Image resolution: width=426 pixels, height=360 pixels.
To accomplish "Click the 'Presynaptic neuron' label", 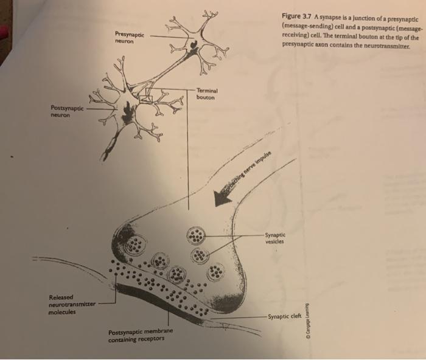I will (x=128, y=38).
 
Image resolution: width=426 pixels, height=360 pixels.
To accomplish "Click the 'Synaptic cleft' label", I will (x=284, y=316).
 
